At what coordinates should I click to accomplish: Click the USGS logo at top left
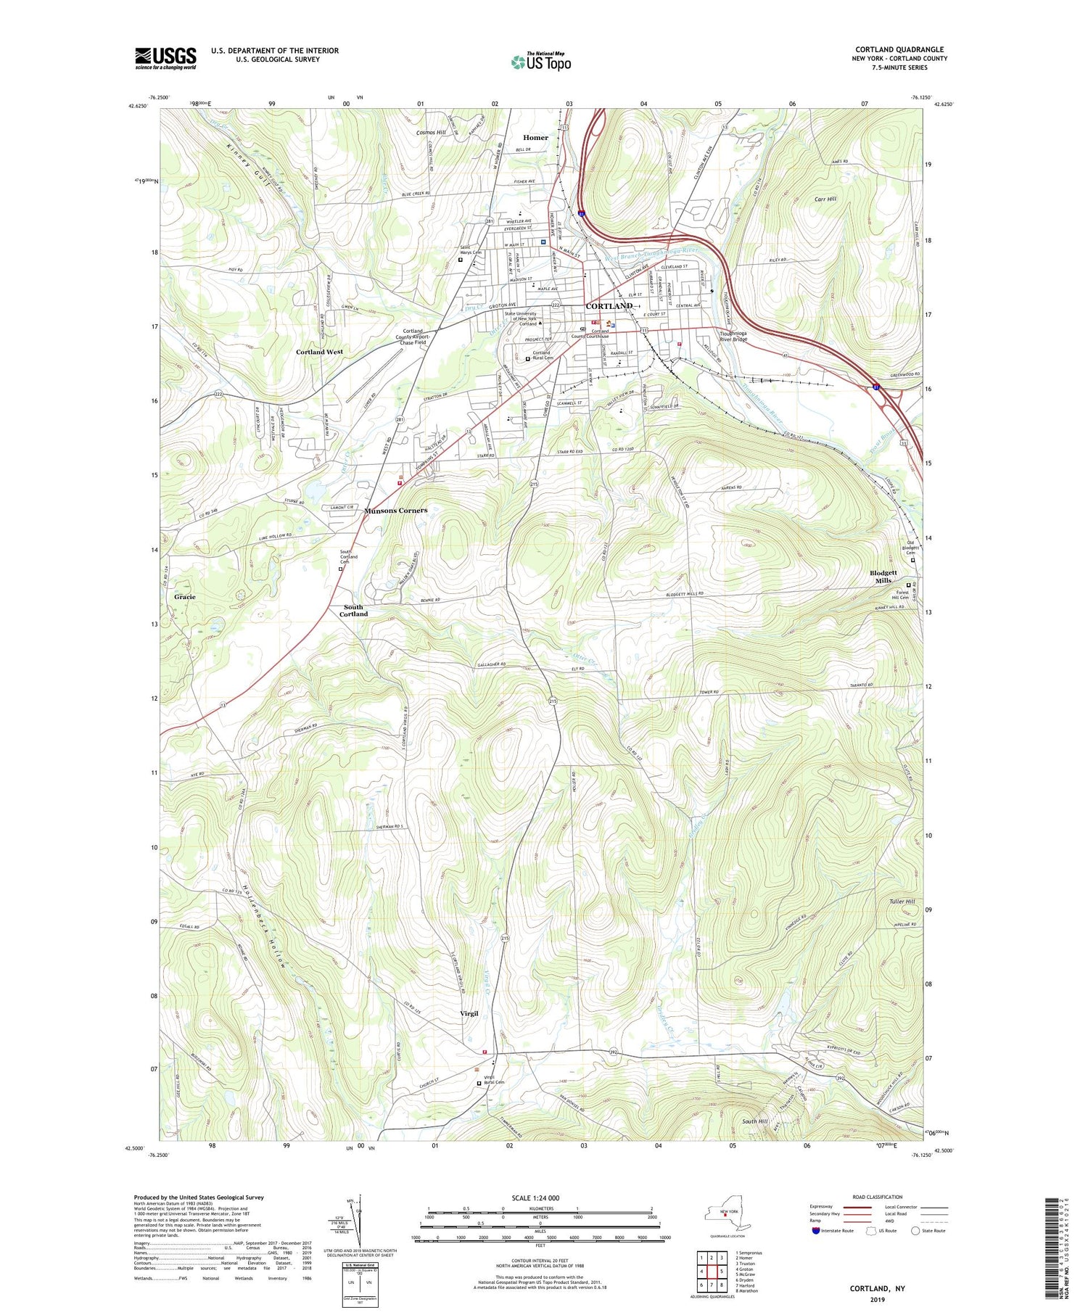(x=165, y=58)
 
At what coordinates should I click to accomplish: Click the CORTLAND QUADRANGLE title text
(x=900, y=49)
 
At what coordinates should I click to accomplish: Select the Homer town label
(x=535, y=138)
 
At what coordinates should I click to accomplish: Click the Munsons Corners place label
(x=395, y=510)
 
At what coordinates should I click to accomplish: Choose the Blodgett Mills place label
(x=883, y=577)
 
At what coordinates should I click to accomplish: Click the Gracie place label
(x=185, y=596)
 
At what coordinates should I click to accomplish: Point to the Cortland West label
(x=319, y=352)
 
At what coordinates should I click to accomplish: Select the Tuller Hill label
(x=902, y=902)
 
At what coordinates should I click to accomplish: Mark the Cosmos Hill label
(x=431, y=133)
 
